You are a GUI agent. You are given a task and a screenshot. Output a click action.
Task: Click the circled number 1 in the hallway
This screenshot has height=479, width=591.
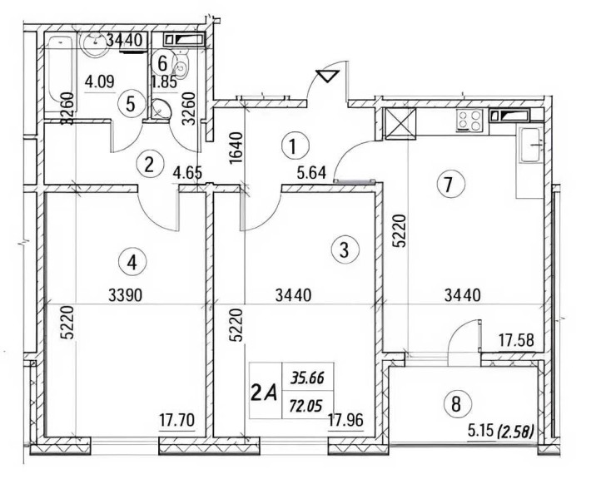point(292,147)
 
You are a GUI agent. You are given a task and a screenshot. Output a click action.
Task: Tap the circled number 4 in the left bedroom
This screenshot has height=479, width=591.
point(131,261)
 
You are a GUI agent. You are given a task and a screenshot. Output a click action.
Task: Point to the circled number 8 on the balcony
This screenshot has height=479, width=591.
point(454,405)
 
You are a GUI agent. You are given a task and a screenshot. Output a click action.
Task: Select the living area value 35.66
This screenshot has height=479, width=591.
point(305,378)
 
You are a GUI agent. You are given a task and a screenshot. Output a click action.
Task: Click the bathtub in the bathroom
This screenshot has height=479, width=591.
point(60,67)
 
